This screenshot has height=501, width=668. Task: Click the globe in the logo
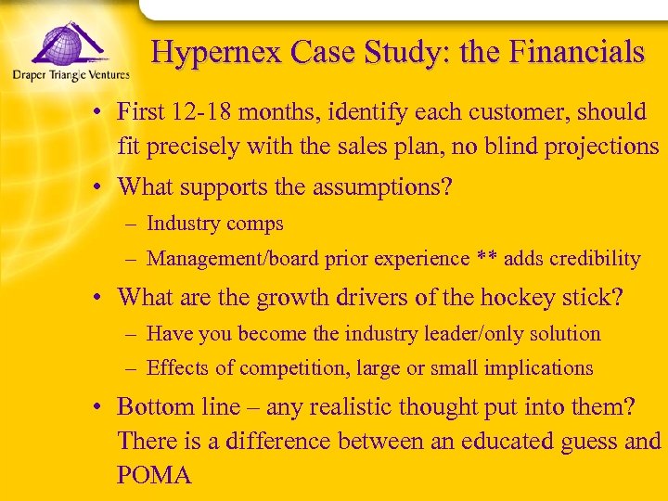pyautogui.click(x=57, y=45)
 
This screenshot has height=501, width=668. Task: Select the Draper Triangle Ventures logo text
pyautogui.click(x=70, y=75)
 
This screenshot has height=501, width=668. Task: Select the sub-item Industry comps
pyautogui.click(x=215, y=224)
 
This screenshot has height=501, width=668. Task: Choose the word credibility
pyautogui.click(x=594, y=259)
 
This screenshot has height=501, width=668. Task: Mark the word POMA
pyautogui.click(x=154, y=476)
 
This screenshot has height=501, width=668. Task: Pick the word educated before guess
pyautogui.click(x=481, y=442)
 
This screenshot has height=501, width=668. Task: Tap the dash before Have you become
pyautogui.click(x=134, y=333)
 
